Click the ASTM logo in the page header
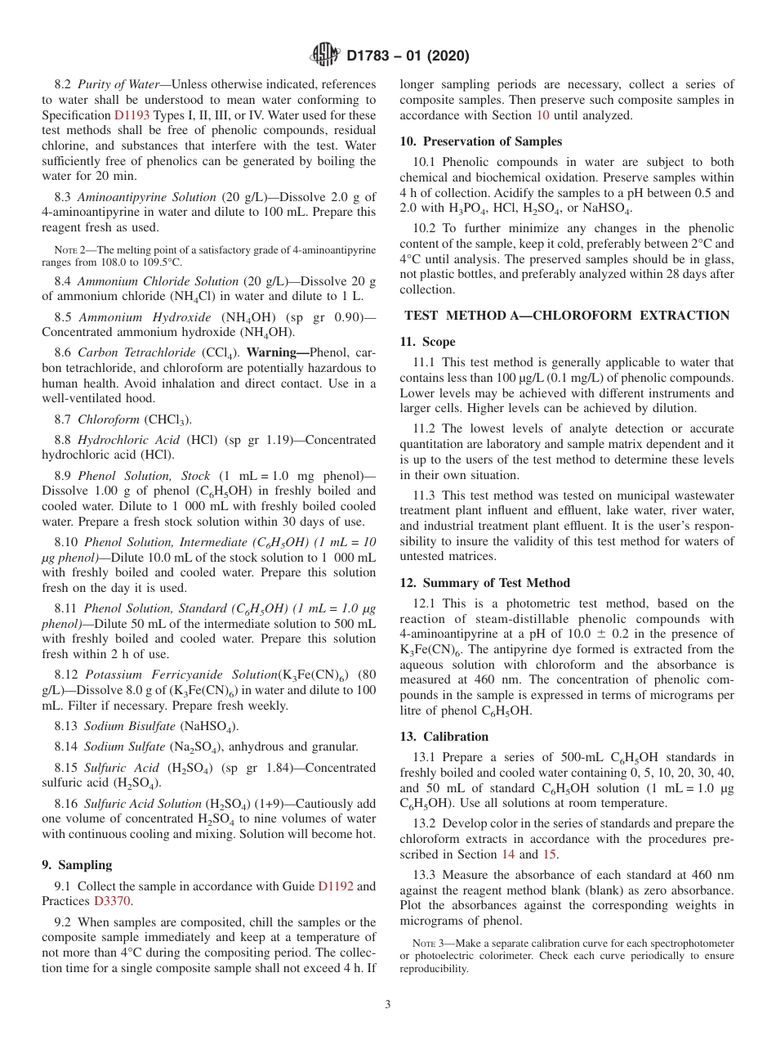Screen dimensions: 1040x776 (325, 56)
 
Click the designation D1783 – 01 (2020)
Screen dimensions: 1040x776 (408, 56)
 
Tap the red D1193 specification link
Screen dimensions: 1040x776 (132, 116)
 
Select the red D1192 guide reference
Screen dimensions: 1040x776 (335, 885)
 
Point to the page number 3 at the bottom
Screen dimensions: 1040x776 (388, 1005)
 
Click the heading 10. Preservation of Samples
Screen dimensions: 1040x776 (480, 141)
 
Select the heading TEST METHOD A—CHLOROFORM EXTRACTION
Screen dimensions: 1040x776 (567, 316)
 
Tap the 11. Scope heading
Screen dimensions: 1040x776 (427, 342)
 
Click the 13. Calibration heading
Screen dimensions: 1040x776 (444, 737)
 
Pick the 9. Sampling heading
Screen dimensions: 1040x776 (77, 865)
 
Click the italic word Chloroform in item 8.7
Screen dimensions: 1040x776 (108, 419)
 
